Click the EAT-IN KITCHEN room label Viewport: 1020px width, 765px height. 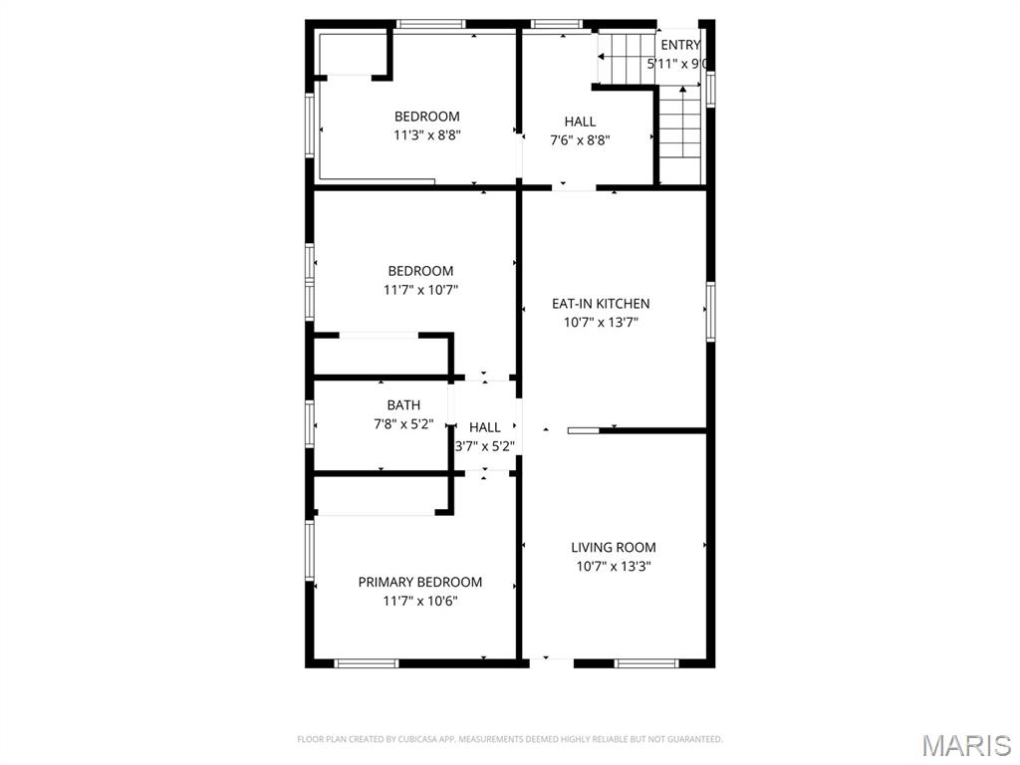(x=601, y=304)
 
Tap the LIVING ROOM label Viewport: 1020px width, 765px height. (x=614, y=547)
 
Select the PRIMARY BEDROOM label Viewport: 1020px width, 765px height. (x=420, y=582)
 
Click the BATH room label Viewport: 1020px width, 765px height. (x=403, y=405)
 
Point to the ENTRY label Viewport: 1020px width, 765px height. (x=680, y=45)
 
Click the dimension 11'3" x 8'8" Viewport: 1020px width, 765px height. (x=427, y=135)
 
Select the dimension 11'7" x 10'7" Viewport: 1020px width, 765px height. (x=420, y=290)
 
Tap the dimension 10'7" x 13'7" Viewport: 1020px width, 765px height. (x=601, y=322)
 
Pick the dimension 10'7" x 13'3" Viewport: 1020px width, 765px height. (x=614, y=566)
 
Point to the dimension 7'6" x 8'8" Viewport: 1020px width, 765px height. (x=580, y=140)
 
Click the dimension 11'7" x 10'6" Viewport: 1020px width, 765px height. (x=420, y=601)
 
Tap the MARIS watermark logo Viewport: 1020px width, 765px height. (x=966, y=745)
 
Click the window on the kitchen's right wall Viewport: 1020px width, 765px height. (x=710, y=312)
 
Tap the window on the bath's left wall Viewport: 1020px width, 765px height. (x=311, y=423)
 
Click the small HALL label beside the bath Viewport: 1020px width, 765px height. (x=485, y=427)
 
